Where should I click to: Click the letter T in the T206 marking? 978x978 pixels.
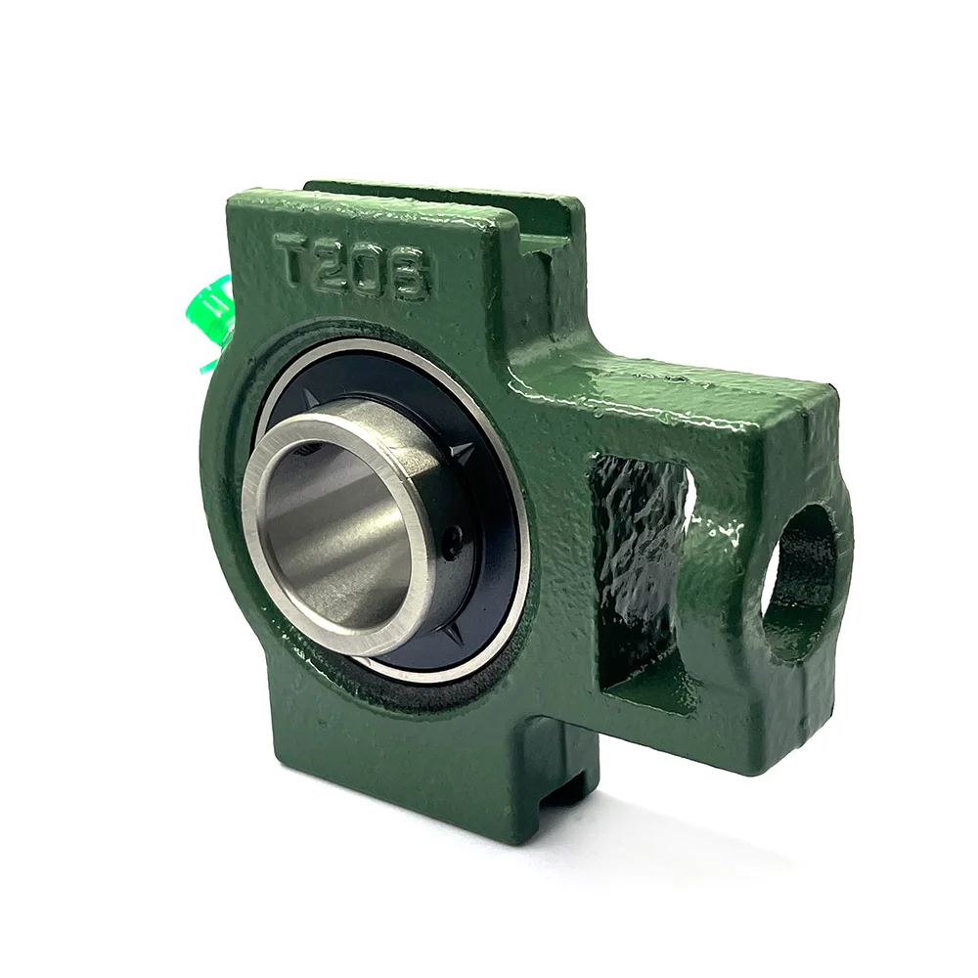(x=295, y=259)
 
